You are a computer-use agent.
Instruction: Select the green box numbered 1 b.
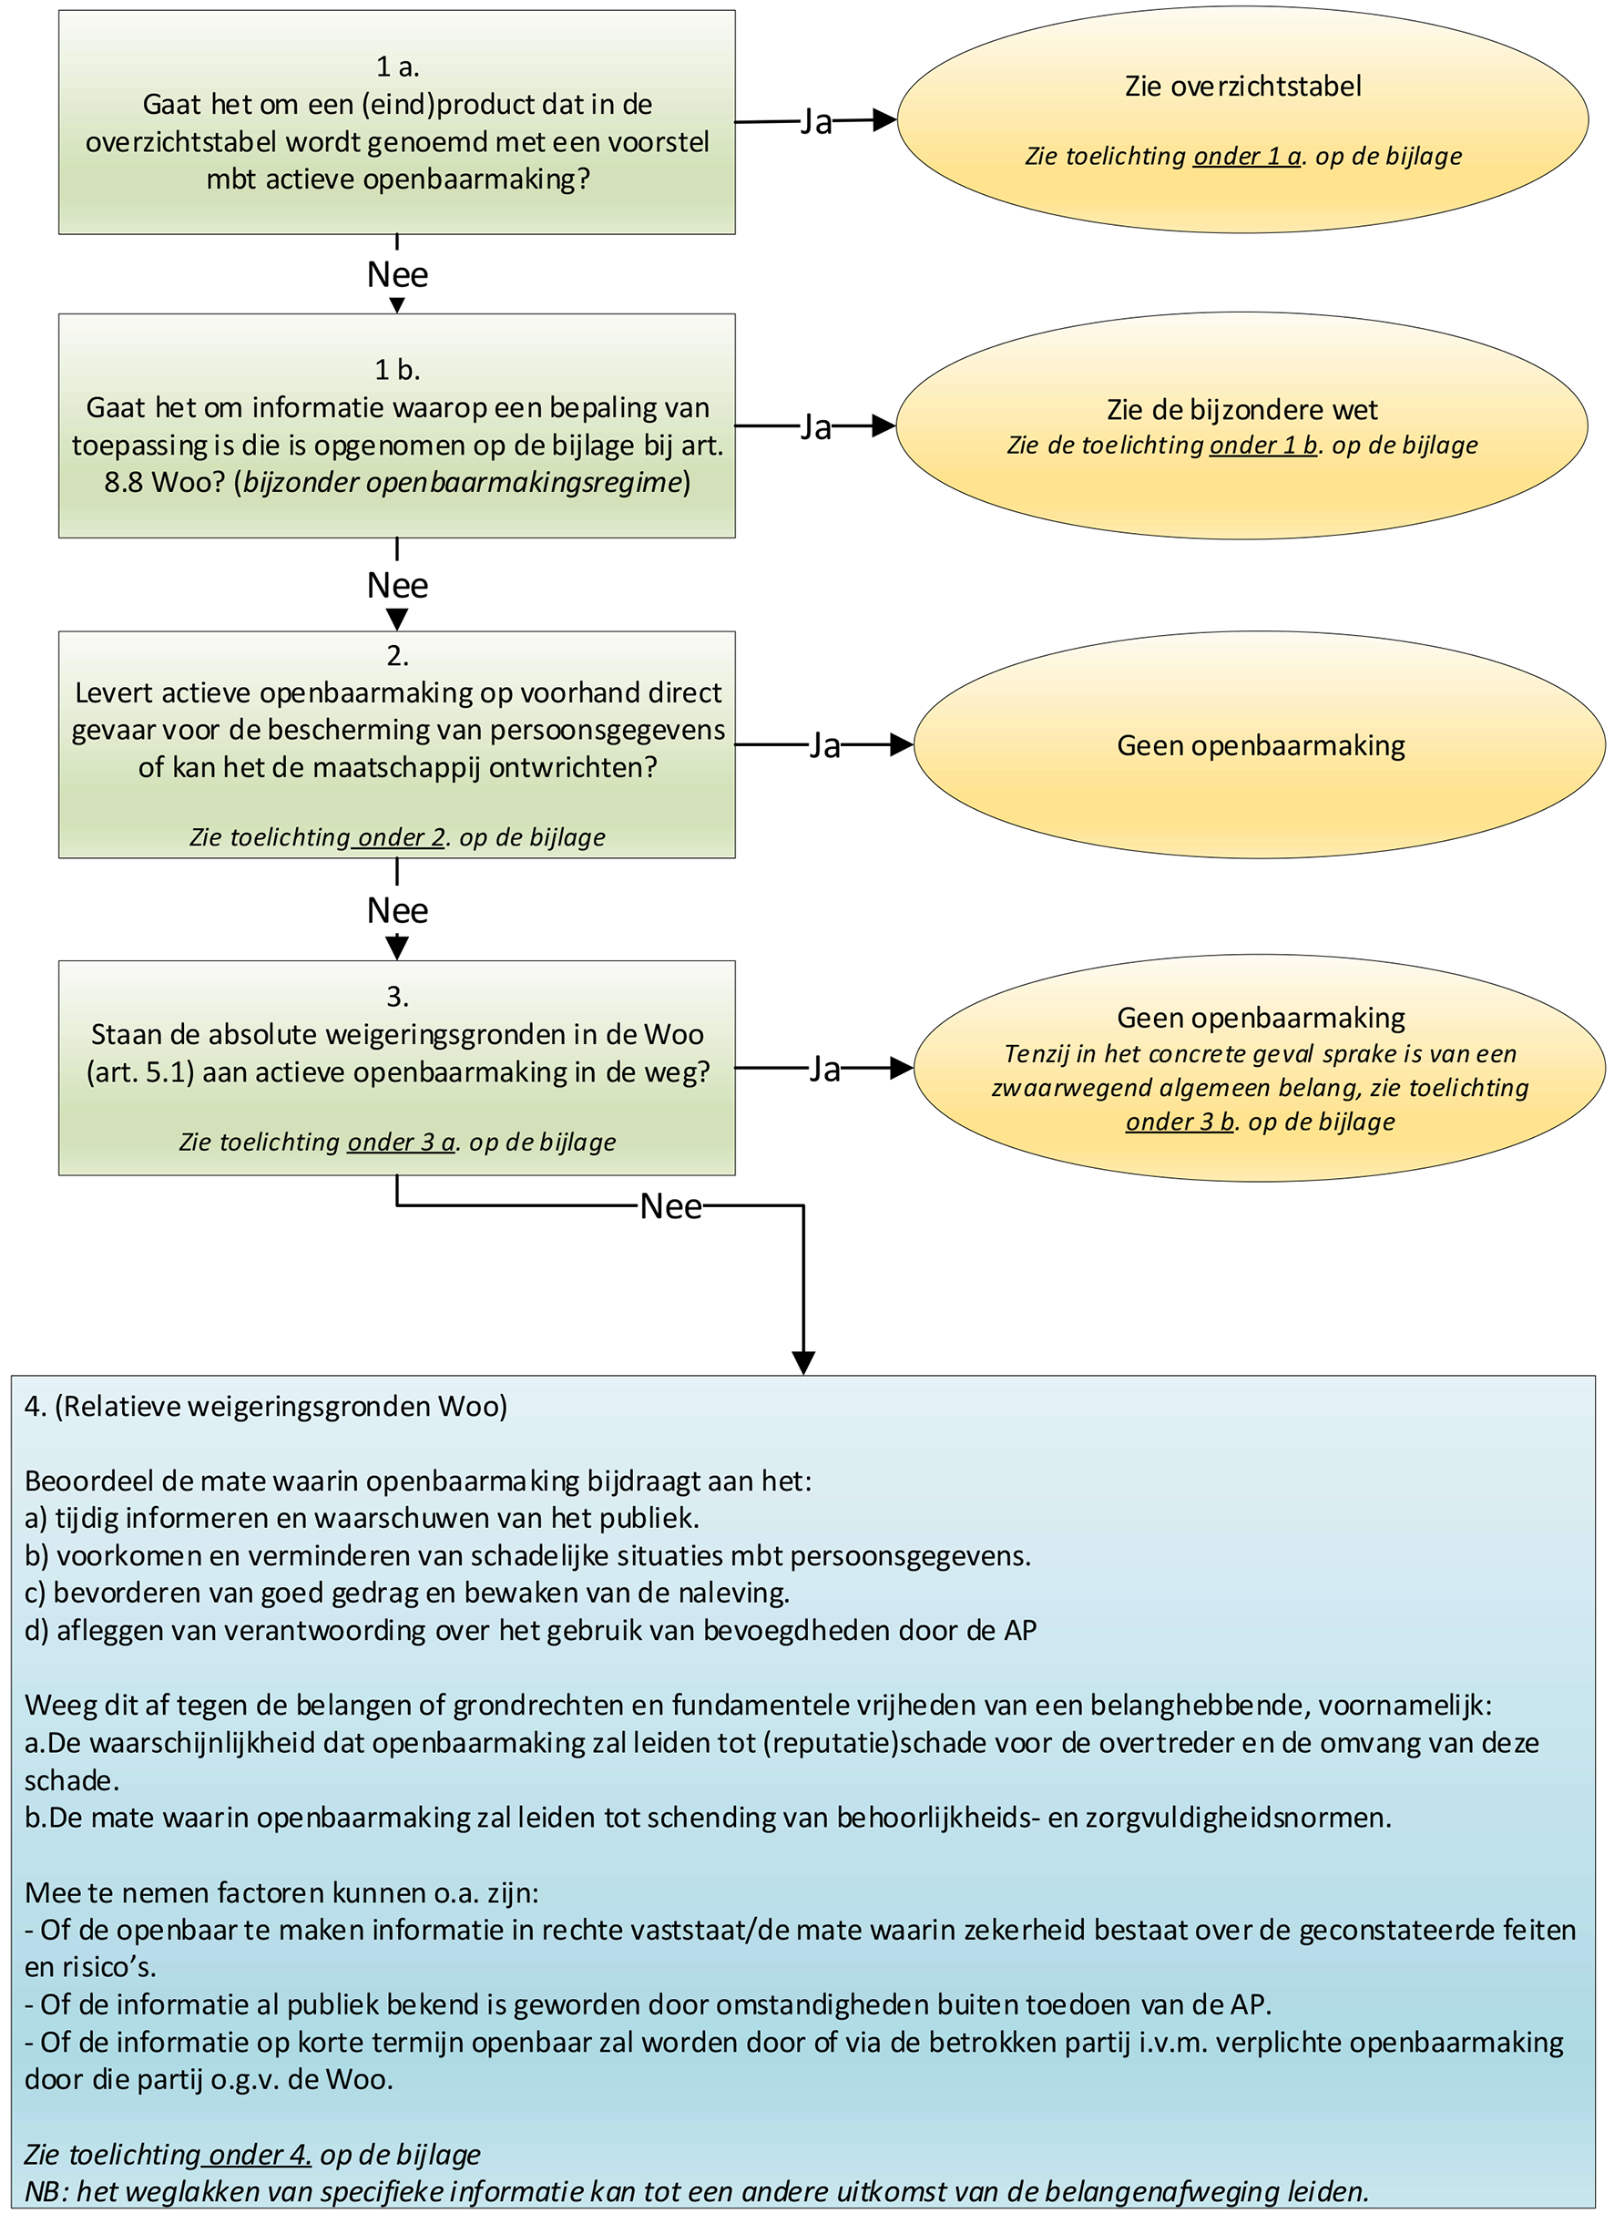coord(396,425)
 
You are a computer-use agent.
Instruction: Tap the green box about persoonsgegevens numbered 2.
coord(396,744)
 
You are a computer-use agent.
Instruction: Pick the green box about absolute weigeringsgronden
coord(396,1067)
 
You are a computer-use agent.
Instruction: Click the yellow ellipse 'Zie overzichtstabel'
coord(1242,119)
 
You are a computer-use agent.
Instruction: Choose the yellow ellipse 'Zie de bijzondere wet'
coord(1241,425)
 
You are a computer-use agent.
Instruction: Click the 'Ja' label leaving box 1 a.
coord(816,121)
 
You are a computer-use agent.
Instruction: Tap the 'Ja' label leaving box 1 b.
coord(816,426)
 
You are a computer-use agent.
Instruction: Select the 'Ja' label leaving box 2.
coord(824,745)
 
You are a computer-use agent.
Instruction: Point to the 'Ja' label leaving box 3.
coord(824,1068)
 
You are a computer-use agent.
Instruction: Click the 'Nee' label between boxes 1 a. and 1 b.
coord(397,274)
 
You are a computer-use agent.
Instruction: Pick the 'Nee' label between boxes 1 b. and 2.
coord(397,586)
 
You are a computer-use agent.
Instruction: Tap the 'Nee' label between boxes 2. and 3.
coord(397,911)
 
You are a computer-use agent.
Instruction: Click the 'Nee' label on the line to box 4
coord(670,1206)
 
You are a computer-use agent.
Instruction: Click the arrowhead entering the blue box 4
coord(803,1364)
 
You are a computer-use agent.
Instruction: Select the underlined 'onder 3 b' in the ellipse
coord(1180,1122)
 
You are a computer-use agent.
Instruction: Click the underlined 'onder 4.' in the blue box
coord(260,2155)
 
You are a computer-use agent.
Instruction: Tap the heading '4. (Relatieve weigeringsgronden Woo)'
coord(266,1407)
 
